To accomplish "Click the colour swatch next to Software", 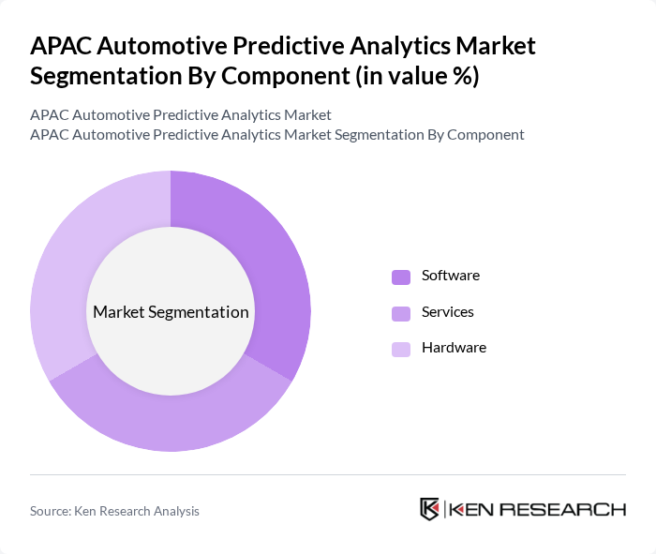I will tap(401, 277).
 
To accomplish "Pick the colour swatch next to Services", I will tap(401, 312).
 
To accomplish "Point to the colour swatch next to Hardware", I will tap(401, 349).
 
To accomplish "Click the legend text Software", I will tap(450, 276).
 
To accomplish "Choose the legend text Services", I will tap(447, 311).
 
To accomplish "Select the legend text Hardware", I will tap(454, 348).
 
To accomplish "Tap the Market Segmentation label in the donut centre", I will tap(171, 312).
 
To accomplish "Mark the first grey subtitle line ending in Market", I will tap(180, 115).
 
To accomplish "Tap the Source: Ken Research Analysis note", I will tap(114, 511).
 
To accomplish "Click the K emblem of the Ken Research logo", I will tap(430, 509).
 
